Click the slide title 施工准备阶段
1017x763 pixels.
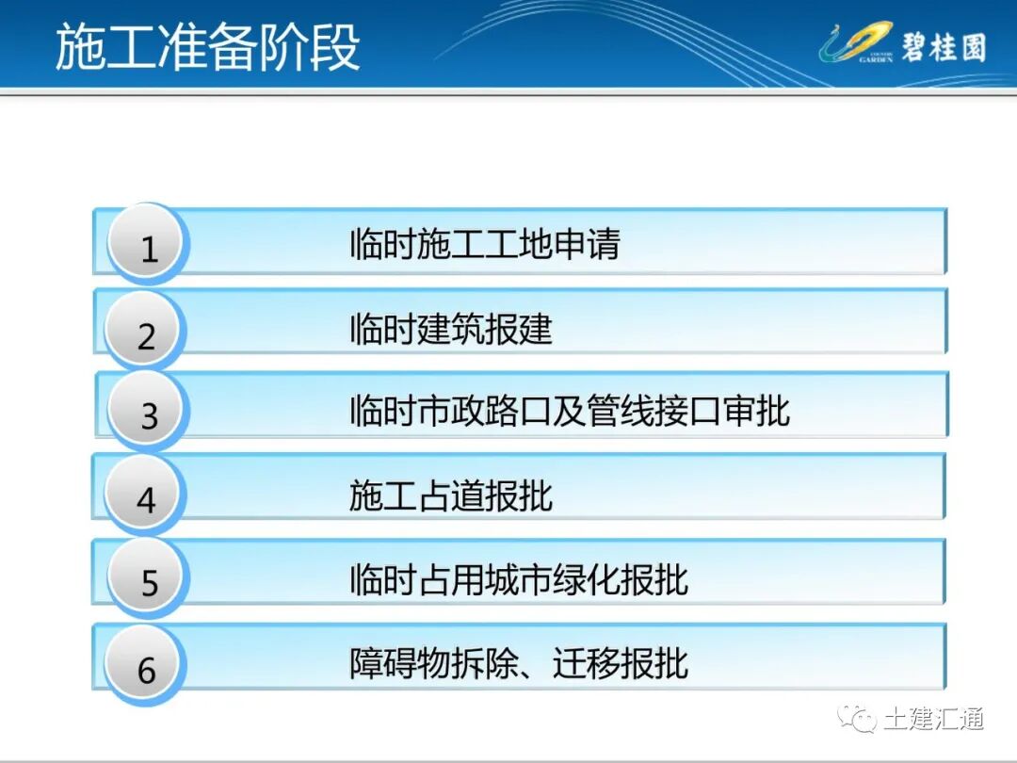207,48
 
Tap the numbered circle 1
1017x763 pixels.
148,246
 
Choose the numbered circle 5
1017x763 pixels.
149,580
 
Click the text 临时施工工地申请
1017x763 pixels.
485,245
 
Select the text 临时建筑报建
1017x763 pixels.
450,330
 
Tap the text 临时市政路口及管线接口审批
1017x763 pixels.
569,412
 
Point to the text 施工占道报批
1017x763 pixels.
450,495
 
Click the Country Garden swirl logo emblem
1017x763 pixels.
854,44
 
